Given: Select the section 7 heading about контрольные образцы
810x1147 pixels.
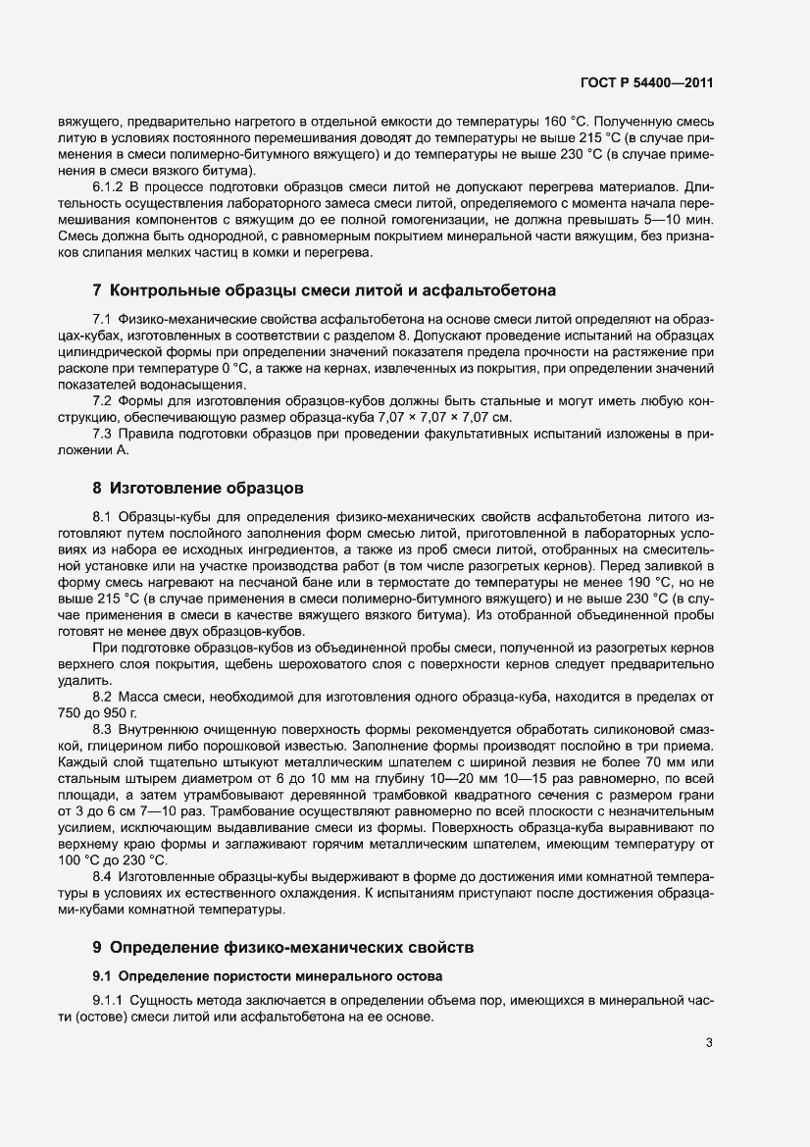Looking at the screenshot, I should [x=324, y=291].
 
